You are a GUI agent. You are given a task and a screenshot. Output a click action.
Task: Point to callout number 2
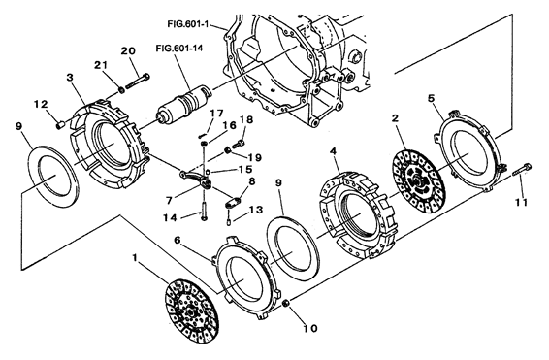tap(396, 118)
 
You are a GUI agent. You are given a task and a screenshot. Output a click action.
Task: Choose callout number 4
tap(333, 151)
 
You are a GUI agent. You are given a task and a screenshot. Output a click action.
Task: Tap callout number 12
tap(42, 103)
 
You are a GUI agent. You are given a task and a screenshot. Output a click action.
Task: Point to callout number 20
tap(126, 50)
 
